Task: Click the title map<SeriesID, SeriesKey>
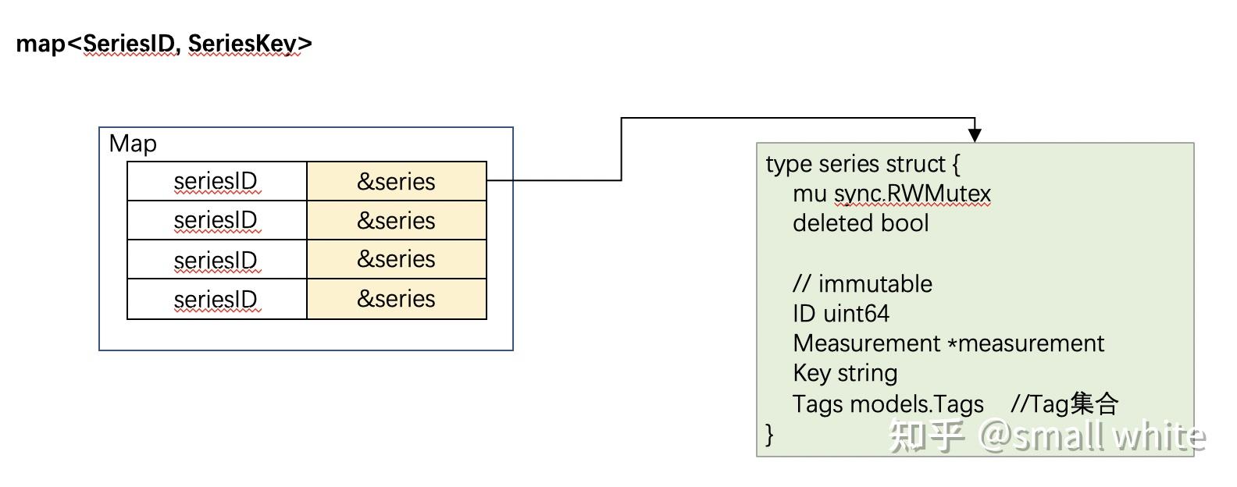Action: (164, 44)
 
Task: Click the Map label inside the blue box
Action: (133, 144)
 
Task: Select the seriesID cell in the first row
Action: (216, 181)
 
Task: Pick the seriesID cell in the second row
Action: (216, 220)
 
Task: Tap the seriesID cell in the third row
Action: (216, 259)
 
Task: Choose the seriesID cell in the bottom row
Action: (216, 299)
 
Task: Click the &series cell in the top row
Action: (396, 181)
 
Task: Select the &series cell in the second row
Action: (396, 220)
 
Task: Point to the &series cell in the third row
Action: (396, 259)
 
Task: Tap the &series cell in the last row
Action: (396, 299)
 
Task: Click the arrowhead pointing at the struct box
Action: (975, 135)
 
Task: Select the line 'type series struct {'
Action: (862, 164)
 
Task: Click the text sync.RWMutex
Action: (912, 194)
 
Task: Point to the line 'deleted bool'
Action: (861, 223)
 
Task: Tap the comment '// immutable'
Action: (862, 283)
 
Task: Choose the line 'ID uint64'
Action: (840, 314)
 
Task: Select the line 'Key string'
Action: (845, 373)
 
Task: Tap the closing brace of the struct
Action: (770, 433)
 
